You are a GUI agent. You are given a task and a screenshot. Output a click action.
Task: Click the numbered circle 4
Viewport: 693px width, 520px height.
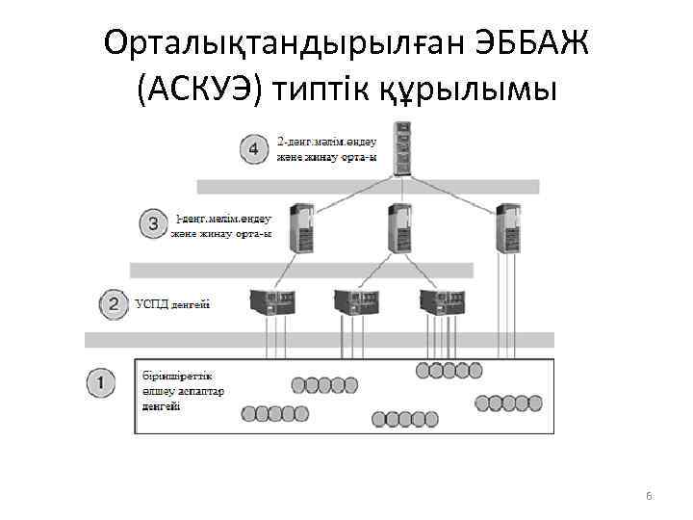coord(253,149)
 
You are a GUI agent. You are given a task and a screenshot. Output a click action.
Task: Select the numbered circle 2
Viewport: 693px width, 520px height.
coord(114,304)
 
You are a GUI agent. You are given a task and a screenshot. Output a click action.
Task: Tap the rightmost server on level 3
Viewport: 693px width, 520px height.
coord(506,227)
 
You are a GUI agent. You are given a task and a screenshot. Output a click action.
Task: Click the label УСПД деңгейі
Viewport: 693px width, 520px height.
coord(172,304)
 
